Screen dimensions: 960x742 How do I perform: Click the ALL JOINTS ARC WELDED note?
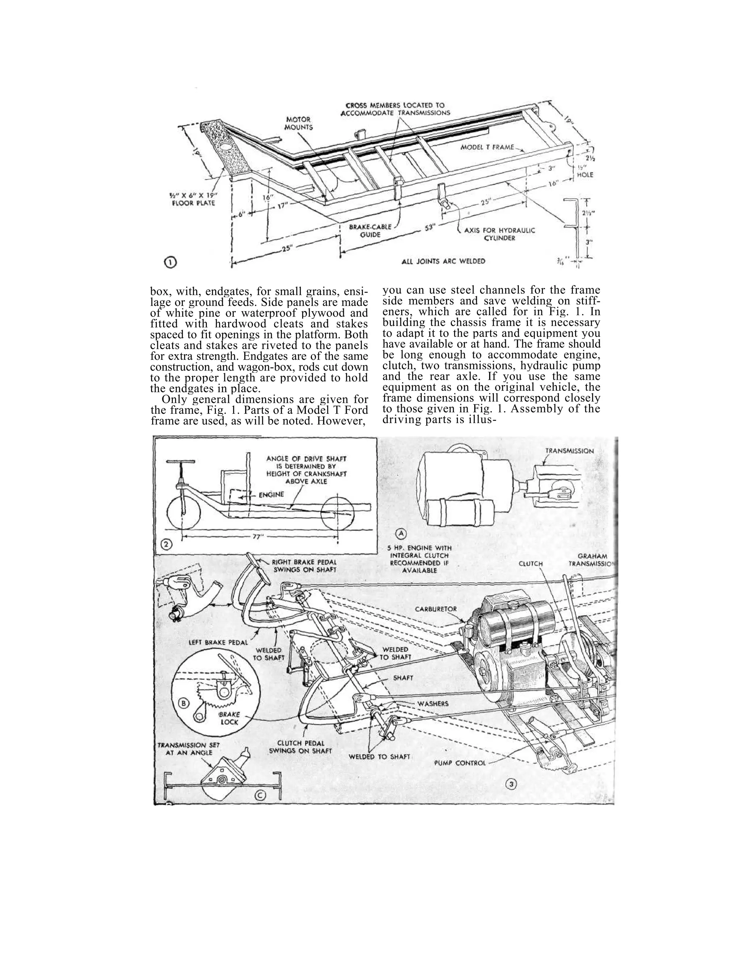click(443, 261)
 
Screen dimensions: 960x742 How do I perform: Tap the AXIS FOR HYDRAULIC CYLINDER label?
click(499, 234)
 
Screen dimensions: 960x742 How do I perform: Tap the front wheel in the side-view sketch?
click(184, 514)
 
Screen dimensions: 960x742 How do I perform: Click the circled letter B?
click(183, 703)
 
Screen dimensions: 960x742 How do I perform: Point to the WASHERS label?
click(433, 704)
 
